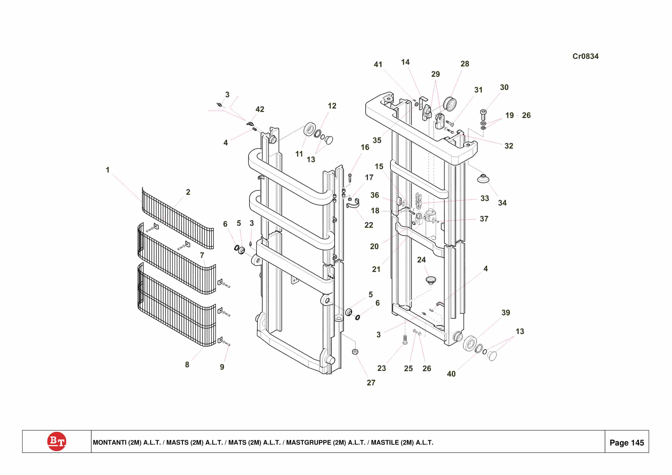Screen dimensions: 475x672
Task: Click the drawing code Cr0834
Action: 585,56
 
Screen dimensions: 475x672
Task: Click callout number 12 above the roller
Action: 332,106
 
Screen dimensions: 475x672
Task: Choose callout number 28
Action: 465,64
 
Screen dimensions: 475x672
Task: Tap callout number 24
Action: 421,260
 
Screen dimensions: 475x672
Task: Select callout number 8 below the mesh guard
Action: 187,365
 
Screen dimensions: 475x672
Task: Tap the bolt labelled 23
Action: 405,340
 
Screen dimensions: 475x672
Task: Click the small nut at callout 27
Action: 355,351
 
